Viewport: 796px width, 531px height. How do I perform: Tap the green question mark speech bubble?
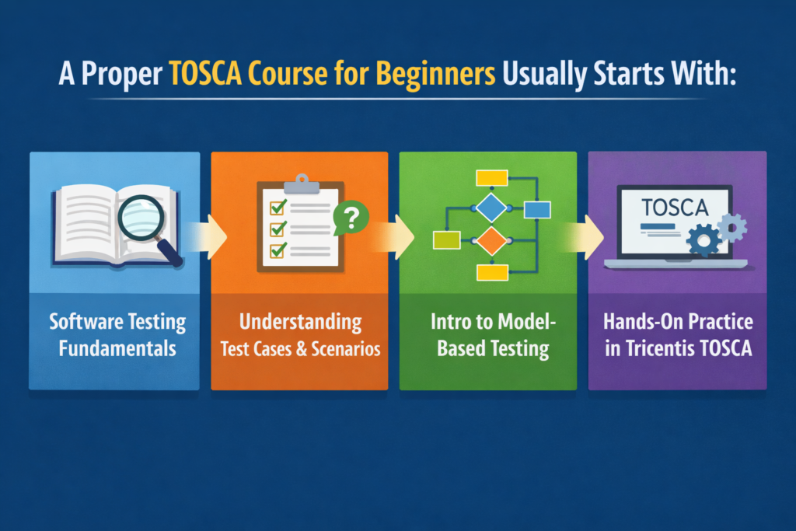pyautogui.click(x=350, y=218)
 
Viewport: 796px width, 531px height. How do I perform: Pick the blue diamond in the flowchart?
pyautogui.click(x=491, y=208)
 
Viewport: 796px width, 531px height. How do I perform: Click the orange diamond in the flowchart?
pyautogui.click(x=491, y=241)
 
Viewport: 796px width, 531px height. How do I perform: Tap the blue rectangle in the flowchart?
pyautogui.click(x=537, y=209)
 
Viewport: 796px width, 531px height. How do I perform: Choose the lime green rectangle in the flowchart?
pyautogui.click(x=445, y=240)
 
